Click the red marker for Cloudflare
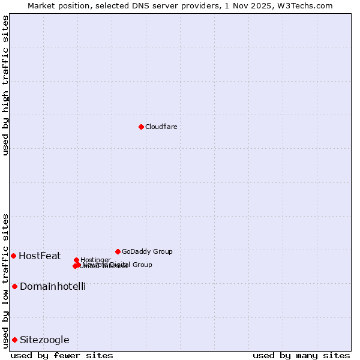(141, 127)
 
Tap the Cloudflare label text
(161, 127)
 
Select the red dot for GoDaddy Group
(118, 251)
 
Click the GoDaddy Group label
(147, 251)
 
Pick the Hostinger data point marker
(77, 260)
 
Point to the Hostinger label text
(96, 260)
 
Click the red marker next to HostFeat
(13, 256)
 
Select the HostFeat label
(40, 256)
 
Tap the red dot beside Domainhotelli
(14, 286)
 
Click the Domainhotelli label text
(53, 287)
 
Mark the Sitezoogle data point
(14, 340)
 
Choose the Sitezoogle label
(44, 340)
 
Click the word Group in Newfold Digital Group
(142, 265)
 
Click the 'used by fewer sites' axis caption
(62, 355)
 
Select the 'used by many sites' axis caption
(301, 355)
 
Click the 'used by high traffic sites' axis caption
(5, 85)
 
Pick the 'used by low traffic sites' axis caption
(5, 280)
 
